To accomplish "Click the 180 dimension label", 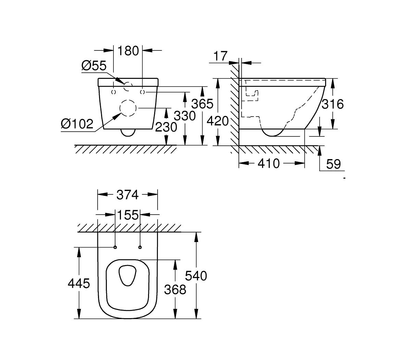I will (128, 51).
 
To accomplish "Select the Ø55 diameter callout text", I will (94, 65).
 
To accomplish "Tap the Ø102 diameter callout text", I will (77, 123).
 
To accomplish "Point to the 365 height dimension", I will (202, 104).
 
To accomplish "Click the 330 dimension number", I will (185, 116).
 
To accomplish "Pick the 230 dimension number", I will (166, 127).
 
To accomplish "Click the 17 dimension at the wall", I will (220, 56).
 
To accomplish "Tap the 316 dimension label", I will (332, 104).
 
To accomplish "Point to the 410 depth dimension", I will (269, 164).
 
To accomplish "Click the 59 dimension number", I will (333, 164).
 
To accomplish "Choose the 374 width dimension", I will (127, 195).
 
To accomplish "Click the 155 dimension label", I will (128, 215).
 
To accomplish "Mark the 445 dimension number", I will (79, 283).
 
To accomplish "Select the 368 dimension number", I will (175, 289).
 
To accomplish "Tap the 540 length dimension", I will (196, 275).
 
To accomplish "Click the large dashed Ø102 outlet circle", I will (128, 108).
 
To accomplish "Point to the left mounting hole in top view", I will (115, 247).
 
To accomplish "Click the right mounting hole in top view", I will (140, 247).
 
